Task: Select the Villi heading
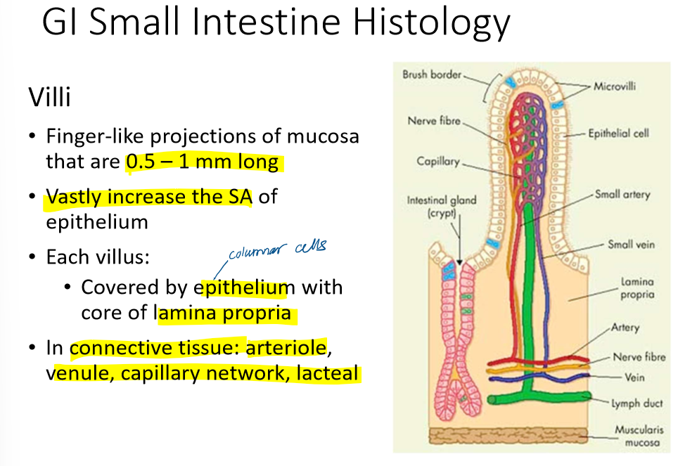point(49,97)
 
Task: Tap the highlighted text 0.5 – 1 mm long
point(203,162)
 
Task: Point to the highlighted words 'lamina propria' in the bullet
point(224,313)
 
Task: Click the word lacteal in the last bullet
point(328,373)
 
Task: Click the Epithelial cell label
point(618,133)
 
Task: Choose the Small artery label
point(622,194)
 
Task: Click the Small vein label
point(631,245)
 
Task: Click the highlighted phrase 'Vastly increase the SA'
point(148,197)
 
